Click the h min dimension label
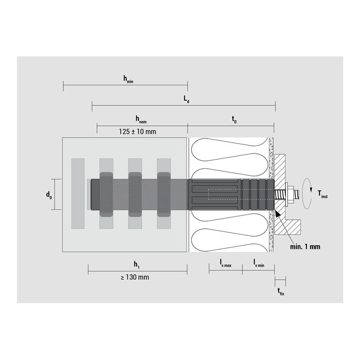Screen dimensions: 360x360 (x=128, y=79)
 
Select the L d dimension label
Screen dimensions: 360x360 (x=186, y=99)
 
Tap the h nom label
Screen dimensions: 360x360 (x=141, y=119)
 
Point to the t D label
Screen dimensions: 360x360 (x=234, y=120)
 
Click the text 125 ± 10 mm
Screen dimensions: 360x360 (x=138, y=132)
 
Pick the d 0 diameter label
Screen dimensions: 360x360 (x=49, y=195)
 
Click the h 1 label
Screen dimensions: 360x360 (x=137, y=265)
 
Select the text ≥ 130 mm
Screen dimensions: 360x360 (x=135, y=277)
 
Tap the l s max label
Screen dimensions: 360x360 (x=225, y=263)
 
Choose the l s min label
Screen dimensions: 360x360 (x=259, y=263)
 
